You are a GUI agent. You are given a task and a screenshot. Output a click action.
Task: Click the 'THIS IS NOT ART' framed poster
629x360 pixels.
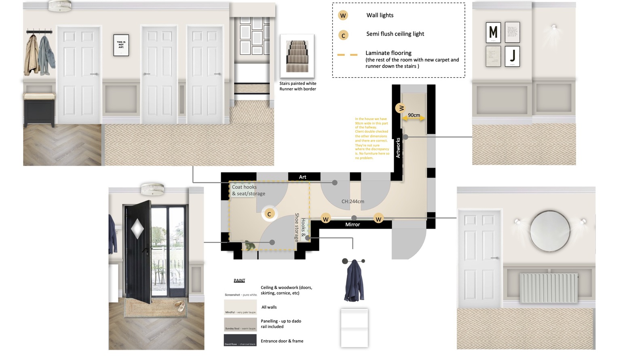tap(121, 45)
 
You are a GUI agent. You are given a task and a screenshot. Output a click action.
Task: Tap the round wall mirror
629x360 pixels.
tap(550, 231)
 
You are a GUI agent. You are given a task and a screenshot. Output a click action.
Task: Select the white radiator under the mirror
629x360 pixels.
tap(549, 288)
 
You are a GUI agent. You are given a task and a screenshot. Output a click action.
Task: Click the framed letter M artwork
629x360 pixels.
tap(493, 32)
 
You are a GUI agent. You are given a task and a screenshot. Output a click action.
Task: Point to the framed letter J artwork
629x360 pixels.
tap(512, 56)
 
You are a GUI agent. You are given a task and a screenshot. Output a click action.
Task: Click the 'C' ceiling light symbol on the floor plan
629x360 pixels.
tap(269, 214)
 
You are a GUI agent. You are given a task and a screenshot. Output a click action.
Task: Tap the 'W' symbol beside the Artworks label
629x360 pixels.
tap(401, 108)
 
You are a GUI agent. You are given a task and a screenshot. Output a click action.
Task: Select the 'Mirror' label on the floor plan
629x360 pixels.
tap(352, 224)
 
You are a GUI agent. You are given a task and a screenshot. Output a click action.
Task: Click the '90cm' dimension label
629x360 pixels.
tap(414, 115)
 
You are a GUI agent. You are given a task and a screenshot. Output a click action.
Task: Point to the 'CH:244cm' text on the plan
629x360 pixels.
tap(352, 201)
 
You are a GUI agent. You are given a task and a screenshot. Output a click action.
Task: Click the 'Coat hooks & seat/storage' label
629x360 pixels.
tap(248, 190)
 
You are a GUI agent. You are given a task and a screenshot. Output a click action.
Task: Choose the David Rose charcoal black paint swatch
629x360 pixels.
tap(240, 340)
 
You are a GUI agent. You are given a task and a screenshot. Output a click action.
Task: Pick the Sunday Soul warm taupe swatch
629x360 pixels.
tap(240, 324)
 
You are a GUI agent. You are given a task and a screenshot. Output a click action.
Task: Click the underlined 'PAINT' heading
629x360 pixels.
tap(239, 280)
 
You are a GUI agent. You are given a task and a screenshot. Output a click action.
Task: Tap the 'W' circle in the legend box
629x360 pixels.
tap(343, 16)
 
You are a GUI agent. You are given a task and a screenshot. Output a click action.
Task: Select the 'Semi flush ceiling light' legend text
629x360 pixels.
tap(395, 34)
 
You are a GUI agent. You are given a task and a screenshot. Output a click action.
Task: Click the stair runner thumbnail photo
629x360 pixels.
tap(297, 56)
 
